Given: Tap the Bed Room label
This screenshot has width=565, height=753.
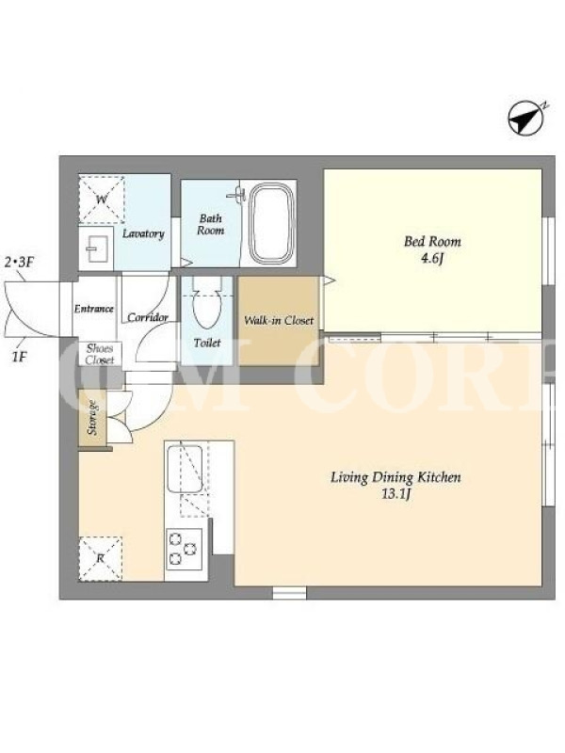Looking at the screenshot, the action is pos(432,241).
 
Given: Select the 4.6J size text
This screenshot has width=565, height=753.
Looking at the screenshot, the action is pos(432,259).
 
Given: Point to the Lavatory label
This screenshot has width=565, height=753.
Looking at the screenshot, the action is pos(143,233).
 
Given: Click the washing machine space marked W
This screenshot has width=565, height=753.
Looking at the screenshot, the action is pos(102,200).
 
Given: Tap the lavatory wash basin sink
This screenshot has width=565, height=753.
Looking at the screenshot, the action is pos(96,248).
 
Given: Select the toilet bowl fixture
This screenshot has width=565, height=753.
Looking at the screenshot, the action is pos(206,303).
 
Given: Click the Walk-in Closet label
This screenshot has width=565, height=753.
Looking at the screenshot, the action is pos(279,320).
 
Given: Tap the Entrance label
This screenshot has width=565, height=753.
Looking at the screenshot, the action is pos(93,309).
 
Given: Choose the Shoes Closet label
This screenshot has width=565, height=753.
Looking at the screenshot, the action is pos(100,354).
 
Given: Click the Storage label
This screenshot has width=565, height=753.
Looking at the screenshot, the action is pos(91,418).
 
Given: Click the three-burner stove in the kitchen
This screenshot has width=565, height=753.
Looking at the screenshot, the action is pos(184,549).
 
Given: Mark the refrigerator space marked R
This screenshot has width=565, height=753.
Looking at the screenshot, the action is pos(101,558).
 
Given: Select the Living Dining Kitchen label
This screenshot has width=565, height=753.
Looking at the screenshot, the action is pos(395,477).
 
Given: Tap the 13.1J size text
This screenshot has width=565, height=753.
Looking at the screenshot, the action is pos(395,494).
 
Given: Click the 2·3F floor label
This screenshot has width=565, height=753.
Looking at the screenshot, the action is pos(20,263).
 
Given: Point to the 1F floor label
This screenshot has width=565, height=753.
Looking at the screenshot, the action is pos(18,358).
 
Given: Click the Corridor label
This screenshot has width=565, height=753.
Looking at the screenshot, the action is pos(148,317).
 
